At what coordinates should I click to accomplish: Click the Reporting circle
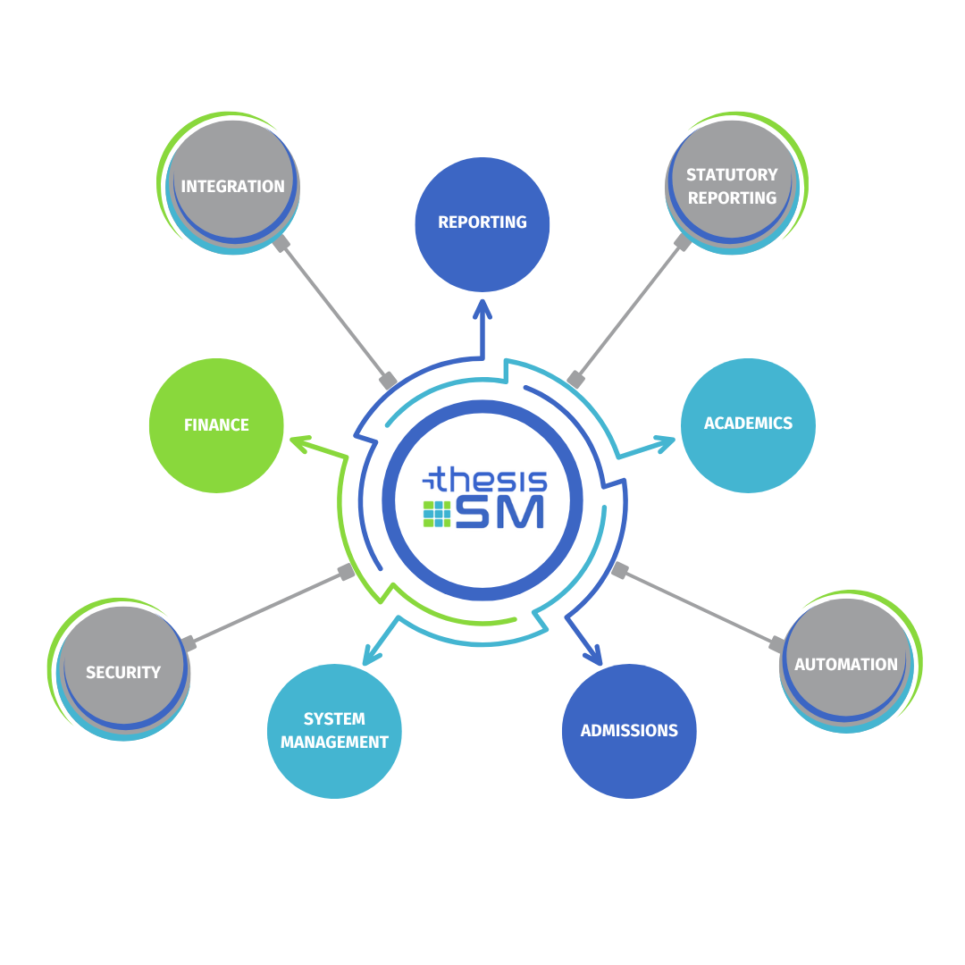pos(482,223)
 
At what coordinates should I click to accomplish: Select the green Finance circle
pos(216,425)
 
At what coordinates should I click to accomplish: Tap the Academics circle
pos(748,425)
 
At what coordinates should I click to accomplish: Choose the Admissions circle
pos(629,731)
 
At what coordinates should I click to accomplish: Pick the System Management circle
pos(334,731)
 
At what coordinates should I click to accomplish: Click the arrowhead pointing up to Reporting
pos(482,309)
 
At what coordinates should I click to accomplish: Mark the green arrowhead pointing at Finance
pos(300,441)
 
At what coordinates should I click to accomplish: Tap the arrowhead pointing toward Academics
pos(663,441)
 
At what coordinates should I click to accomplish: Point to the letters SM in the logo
pos(499,513)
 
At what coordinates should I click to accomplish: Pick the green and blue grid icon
pos(437,514)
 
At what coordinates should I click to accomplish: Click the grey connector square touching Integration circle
pos(281,243)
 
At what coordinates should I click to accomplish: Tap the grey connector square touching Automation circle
pos(777,644)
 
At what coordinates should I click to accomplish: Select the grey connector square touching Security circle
pos(189,643)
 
